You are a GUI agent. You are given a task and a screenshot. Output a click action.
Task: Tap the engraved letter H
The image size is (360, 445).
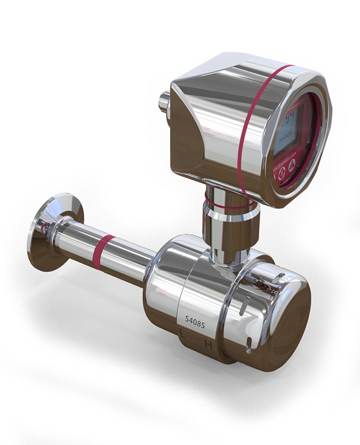point(208,345)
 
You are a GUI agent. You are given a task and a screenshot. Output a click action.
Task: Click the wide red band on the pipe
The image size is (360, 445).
point(104,252)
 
